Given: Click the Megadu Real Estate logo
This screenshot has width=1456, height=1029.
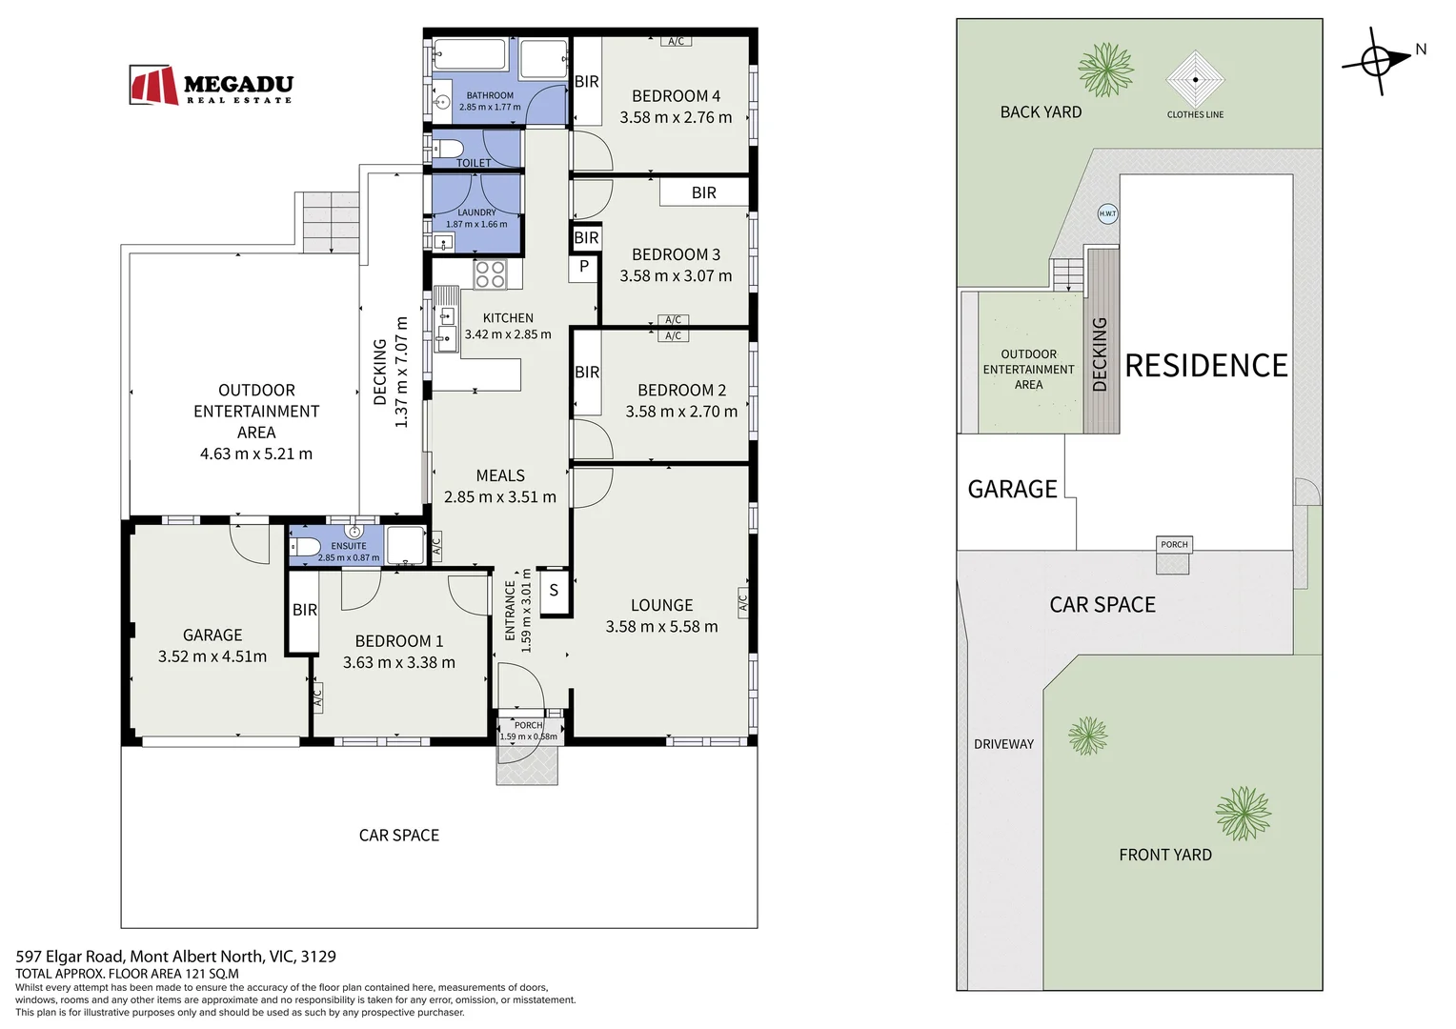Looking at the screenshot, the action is [x=212, y=85].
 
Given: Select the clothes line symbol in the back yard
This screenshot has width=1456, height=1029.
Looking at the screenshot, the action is [x=1195, y=79].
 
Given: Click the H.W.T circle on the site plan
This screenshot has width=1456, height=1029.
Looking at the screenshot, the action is [x=1107, y=213].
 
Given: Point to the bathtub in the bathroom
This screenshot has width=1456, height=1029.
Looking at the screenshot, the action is [x=470, y=54].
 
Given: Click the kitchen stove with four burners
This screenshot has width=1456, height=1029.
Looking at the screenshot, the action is [x=490, y=273].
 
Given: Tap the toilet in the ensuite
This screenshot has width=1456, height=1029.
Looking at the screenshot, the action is [x=304, y=545].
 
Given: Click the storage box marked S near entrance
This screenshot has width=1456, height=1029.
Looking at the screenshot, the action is [x=555, y=590].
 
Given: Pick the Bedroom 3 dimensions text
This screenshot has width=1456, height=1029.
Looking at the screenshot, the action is [x=676, y=275].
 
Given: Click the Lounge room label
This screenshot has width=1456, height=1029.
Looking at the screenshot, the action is [x=661, y=605].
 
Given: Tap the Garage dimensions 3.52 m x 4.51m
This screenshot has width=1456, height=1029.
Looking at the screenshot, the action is [x=212, y=656].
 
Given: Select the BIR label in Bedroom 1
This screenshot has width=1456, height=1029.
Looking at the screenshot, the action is [x=305, y=610].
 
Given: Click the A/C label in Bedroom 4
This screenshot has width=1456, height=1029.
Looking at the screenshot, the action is [x=676, y=41].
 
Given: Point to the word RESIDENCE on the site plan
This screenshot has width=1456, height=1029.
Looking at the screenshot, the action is [x=1205, y=365].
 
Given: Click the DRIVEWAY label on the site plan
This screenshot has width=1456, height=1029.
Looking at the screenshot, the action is [x=1003, y=744].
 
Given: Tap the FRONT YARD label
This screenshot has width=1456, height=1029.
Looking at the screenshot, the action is [x=1165, y=855].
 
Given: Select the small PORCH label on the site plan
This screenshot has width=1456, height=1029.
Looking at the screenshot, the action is [x=1174, y=544].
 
